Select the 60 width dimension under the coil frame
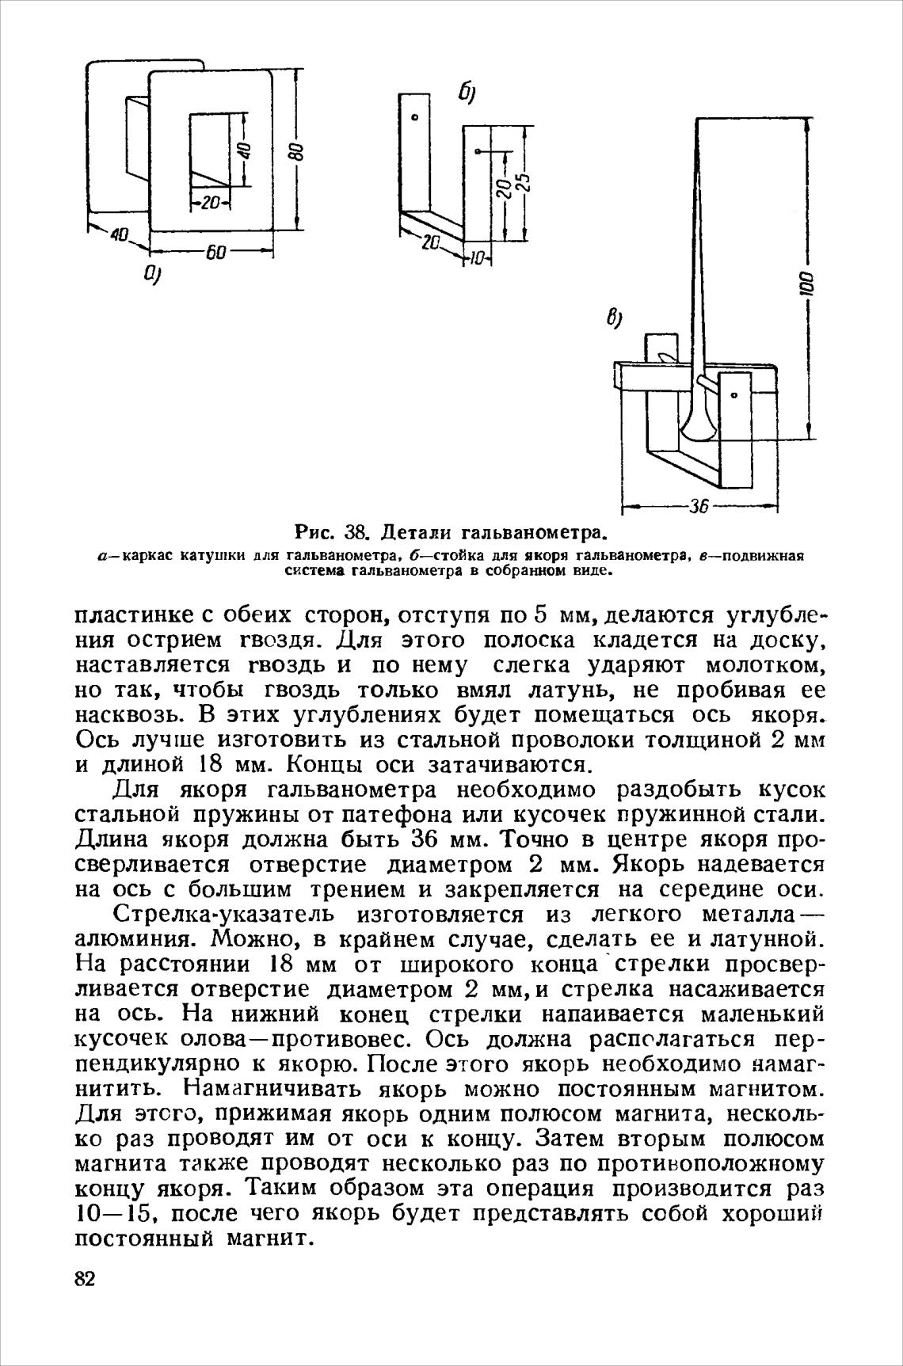(x=215, y=253)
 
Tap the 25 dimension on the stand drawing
(x=524, y=186)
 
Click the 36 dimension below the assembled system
(x=698, y=506)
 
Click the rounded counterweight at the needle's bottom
(x=698, y=428)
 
